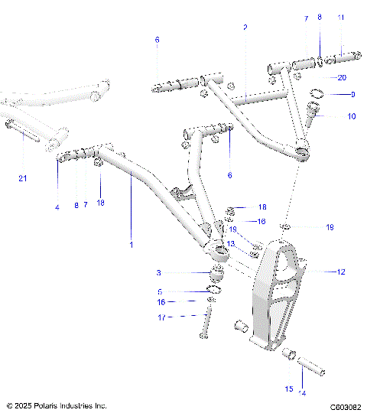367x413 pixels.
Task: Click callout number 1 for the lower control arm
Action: click(x=131, y=245)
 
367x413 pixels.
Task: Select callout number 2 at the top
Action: click(x=245, y=27)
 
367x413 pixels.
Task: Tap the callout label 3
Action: click(x=158, y=273)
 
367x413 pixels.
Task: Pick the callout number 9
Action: click(x=352, y=95)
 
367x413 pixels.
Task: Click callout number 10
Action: click(x=352, y=117)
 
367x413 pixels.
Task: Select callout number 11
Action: click(x=340, y=18)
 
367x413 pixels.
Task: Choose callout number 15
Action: click(x=289, y=389)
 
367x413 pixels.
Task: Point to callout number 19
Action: click(x=330, y=227)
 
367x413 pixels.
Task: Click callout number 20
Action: click(x=341, y=78)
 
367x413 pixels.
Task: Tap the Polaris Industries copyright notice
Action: click(x=57, y=405)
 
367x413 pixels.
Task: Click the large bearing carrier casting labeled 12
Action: click(x=280, y=298)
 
